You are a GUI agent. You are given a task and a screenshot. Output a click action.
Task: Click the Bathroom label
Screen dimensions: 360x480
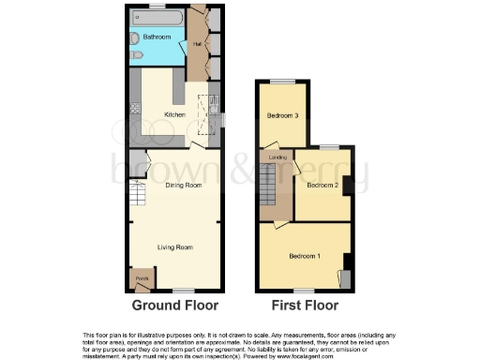(157, 37)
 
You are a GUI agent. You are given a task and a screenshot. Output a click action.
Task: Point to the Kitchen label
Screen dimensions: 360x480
(174, 114)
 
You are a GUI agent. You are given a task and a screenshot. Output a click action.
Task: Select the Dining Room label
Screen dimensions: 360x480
(184, 186)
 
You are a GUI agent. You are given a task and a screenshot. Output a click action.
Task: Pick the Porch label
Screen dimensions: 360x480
(142, 278)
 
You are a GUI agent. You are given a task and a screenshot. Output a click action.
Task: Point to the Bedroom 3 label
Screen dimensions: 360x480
(282, 116)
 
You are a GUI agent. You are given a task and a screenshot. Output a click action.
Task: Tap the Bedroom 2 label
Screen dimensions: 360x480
(322, 185)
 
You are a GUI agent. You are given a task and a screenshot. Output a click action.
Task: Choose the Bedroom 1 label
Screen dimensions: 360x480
(304, 256)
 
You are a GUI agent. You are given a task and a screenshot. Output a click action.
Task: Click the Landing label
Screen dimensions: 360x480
(277, 157)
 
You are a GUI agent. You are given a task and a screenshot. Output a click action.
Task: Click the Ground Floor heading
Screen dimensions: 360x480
(174, 306)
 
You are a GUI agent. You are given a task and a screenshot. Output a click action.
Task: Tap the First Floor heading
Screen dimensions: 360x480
(305, 306)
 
